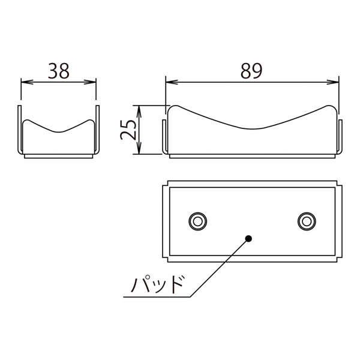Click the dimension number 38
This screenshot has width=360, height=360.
(x=59, y=71)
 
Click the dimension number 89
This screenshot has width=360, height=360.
(x=251, y=71)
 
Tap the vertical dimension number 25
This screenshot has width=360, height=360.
(x=128, y=130)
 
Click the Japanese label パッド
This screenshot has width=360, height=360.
(x=157, y=284)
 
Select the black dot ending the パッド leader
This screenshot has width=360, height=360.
(x=248, y=239)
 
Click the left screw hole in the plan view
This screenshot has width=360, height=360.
(x=197, y=221)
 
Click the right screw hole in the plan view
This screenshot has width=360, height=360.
(x=307, y=221)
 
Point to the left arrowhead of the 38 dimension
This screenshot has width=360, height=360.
(x=26, y=82)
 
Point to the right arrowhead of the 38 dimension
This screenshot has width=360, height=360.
(x=90, y=82)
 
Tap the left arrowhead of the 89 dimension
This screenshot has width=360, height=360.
(x=172, y=82)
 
